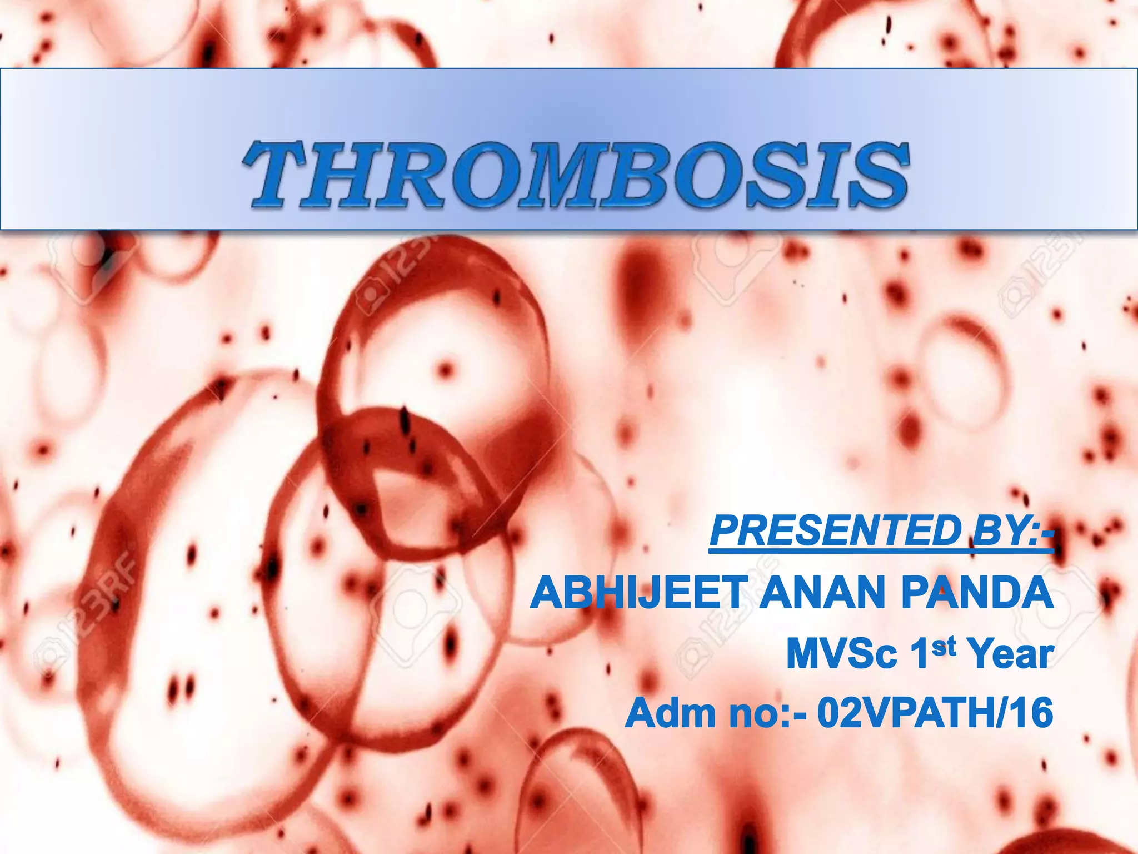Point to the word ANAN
[822, 593]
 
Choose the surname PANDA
[977, 593]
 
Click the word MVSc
[842, 654]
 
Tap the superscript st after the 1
[944, 646]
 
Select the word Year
[1011, 654]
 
